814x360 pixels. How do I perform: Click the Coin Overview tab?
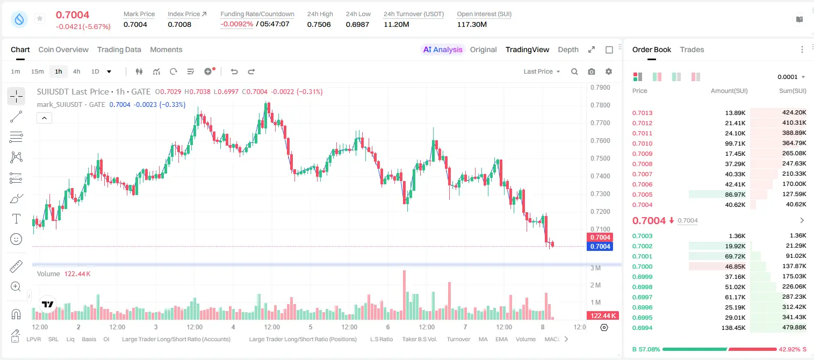[x=63, y=49]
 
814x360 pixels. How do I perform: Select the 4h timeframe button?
[x=76, y=71]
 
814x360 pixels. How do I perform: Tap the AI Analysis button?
[x=443, y=49]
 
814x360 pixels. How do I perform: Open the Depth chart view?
[x=568, y=49]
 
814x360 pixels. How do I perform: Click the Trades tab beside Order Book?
[x=691, y=49]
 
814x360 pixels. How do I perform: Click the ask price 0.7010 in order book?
[x=642, y=143]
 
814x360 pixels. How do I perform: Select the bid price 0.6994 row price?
[x=642, y=328]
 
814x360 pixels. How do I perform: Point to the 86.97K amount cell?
[x=735, y=195]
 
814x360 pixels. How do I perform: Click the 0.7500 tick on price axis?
[x=600, y=159]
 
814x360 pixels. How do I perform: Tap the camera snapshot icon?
[x=592, y=71]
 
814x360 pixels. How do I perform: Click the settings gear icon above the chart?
[x=609, y=71]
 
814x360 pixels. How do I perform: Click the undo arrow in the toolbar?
[x=234, y=71]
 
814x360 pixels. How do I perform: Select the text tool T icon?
[x=16, y=219]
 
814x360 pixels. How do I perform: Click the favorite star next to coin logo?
[x=40, y=18]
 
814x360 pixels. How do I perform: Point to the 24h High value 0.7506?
[x=319, y=24]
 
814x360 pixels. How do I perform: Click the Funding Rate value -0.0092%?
[x=236, y=24]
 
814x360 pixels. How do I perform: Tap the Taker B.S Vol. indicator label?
[x=419, y=339]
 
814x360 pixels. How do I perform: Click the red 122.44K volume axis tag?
[x=603, y=316]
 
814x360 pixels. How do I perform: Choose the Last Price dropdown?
[x=542, y=71]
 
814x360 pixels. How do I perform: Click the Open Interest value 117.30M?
[x=472, y=24]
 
